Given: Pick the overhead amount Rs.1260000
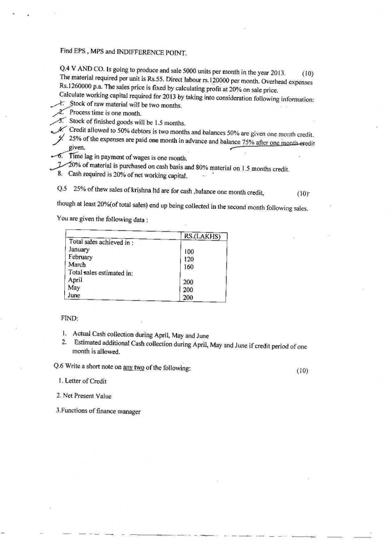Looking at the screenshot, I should pos(77,90).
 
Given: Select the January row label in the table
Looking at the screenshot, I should pos(79,249).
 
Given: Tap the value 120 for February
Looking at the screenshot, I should pos(189,259).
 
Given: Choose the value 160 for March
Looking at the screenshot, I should pos(189,267).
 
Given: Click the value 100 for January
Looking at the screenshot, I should pos(189,252).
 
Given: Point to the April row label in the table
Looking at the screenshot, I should pos(75,280).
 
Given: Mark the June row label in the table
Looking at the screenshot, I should pos(74,295).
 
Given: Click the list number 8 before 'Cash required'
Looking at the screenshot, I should pos(60,173).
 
